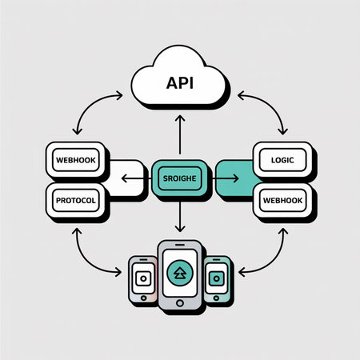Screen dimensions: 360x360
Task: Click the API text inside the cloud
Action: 180,82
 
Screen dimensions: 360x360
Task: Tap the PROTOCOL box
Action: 76,200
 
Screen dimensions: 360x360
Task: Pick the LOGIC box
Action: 282,158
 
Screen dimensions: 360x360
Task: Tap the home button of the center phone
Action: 180,303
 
